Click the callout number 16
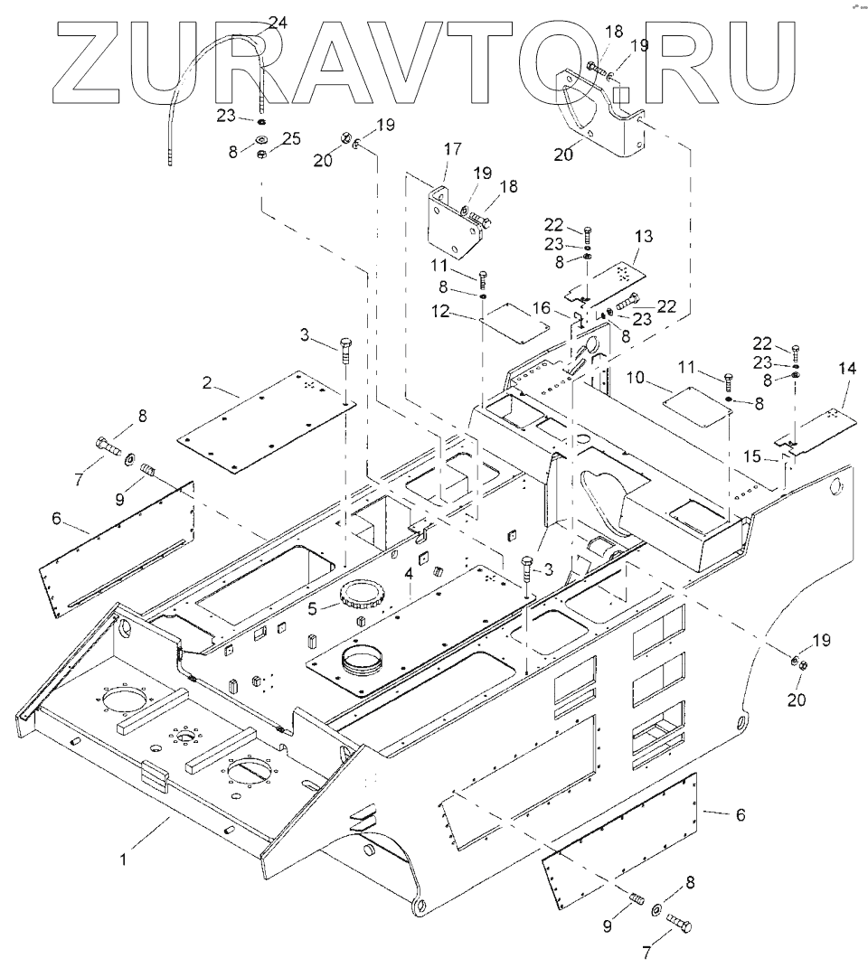tap(540, 309)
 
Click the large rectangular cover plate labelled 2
tap(262, 421)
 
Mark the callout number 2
tap(207, 383)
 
